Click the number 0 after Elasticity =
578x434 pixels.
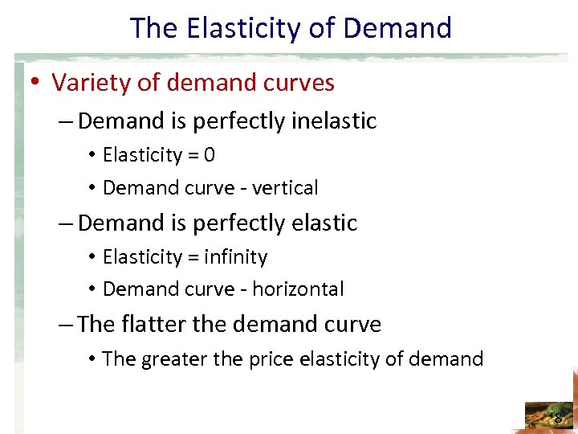[210, 154]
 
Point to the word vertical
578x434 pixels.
[285, 188]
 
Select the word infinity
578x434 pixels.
[236, 257]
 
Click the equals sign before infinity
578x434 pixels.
[193, 257]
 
